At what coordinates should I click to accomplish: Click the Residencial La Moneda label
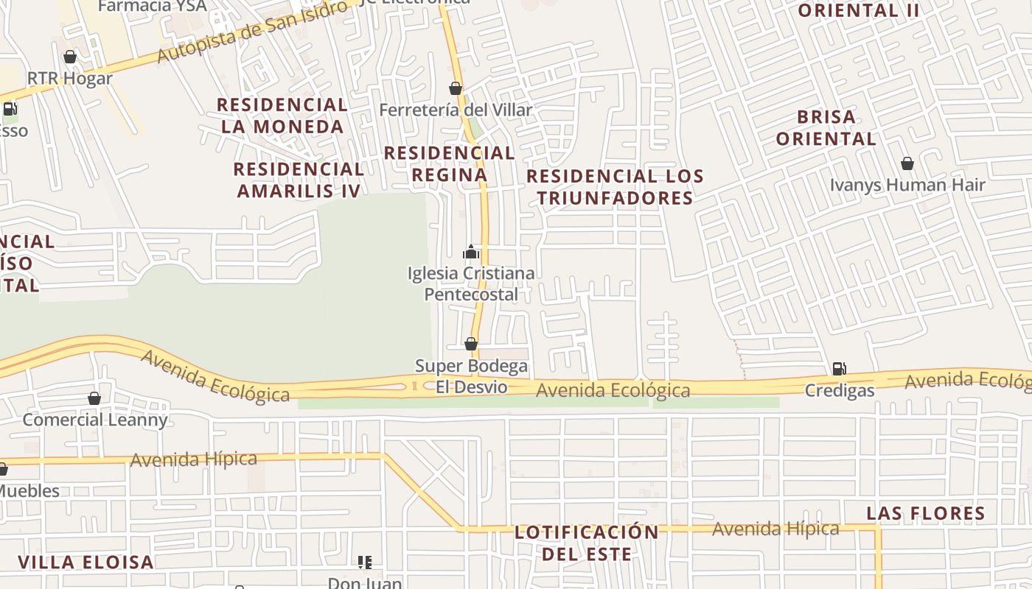[282, 116]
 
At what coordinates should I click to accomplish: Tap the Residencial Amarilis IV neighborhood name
[299, 180]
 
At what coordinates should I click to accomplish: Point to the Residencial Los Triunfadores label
[615, 187]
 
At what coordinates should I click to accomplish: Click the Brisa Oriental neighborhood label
[826, 127]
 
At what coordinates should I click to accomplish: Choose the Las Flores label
[925, 513]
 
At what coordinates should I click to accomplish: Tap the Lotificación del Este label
[586, 543]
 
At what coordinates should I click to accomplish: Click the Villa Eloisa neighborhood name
[86, 562]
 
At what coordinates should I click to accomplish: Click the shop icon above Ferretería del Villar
[456, 89]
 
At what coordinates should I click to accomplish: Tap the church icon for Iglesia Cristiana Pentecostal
[471, 253]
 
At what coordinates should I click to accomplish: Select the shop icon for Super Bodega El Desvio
[471, 344]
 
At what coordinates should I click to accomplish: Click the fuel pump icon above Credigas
[839, 368]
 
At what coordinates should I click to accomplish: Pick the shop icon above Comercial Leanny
[94, 398]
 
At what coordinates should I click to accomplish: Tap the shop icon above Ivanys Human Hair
[907, 163]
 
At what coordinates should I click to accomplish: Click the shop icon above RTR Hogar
[70, 57]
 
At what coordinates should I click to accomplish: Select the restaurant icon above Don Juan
[365, 562]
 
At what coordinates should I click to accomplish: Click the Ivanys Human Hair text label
[907, 185]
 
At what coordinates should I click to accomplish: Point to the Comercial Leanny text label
[95, 420]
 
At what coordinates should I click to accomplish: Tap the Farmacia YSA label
[152, 7]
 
